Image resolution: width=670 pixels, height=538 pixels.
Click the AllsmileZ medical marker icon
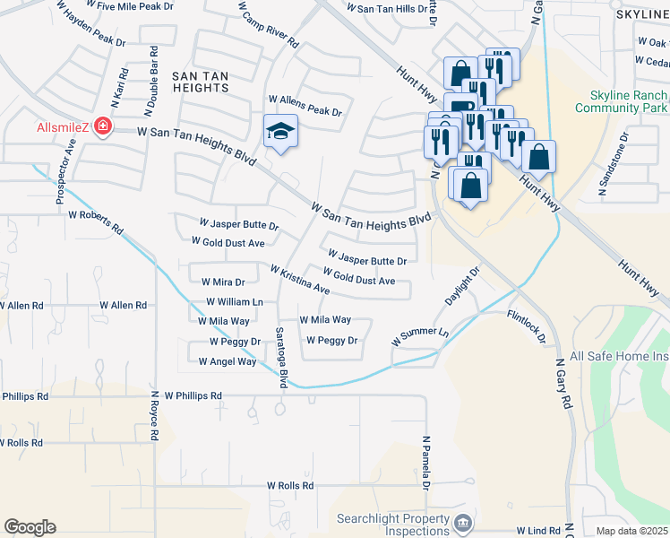105,127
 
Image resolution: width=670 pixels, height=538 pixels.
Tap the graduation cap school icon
280,133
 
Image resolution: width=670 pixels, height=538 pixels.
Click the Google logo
30,526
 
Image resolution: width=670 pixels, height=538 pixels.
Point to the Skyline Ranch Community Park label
617,102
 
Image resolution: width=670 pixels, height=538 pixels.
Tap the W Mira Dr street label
223,282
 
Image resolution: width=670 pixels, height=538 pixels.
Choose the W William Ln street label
235,302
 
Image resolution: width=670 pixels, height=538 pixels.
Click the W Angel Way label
228,361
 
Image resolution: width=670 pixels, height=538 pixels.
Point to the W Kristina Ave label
300,281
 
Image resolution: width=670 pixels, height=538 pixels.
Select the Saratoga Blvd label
280,357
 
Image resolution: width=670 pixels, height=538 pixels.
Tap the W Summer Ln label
419,337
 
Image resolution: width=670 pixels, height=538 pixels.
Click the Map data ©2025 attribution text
631,531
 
